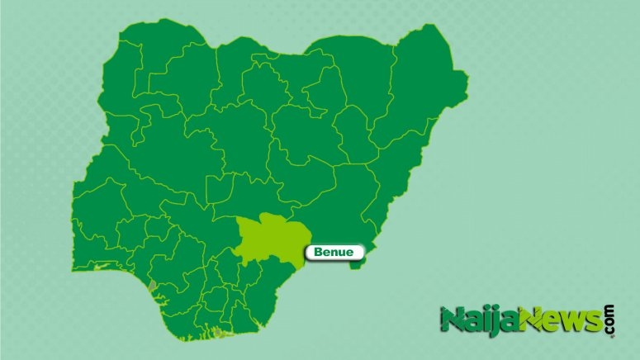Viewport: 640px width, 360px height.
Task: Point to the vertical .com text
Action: (610, 319)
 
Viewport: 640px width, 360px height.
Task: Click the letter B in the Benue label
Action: (318, 252)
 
